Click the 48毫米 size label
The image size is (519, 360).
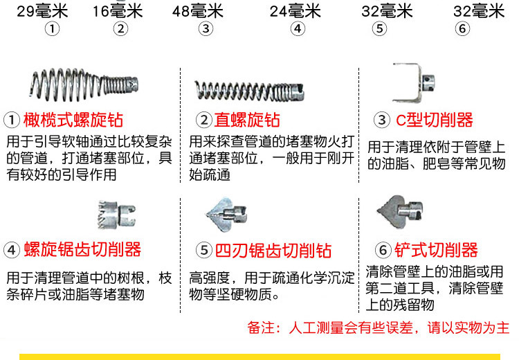[198, 12]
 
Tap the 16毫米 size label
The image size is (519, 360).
[118, 12]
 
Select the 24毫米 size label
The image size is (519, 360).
[295, 12]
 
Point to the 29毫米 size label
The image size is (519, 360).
[42, 12]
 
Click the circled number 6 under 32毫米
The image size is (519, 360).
[462, 29]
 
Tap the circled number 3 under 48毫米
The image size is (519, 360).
[206, 29]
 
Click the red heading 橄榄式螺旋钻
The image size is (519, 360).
[73, 120]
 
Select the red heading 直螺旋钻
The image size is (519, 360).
[247, 120]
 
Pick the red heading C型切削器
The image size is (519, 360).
[435, 120]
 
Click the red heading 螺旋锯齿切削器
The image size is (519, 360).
[82, 250]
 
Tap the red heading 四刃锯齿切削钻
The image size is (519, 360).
[273, 251]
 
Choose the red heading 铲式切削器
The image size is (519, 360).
[436, 250]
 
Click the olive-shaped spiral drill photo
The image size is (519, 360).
[84, 84]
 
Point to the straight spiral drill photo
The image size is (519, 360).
[249, 91]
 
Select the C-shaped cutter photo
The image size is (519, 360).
[413, 82]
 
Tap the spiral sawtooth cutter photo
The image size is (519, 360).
[116, 215]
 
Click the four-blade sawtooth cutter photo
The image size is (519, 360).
[226, 215]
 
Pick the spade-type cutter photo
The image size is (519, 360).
[399, 211]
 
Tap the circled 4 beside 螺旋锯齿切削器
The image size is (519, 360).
[12, 250]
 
